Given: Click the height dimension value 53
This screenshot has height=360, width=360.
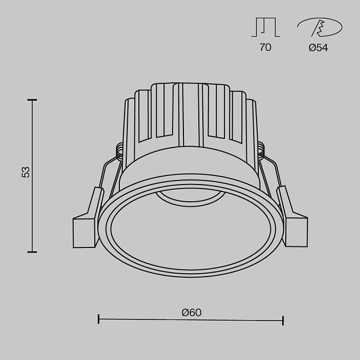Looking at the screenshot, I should click(25, 172).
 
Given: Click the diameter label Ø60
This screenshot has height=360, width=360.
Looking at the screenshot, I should click(191, 313).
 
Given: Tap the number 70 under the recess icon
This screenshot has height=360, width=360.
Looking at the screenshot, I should click(265, 48).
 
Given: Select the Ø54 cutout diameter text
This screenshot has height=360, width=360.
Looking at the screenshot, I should click(318, 48).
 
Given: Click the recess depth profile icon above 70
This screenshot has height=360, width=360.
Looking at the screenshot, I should click(265, 27).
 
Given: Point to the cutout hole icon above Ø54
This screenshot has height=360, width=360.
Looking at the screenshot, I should click(319, 27).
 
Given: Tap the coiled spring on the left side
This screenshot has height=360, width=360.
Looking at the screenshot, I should click(121, 150).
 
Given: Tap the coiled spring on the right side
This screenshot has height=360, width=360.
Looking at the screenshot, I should click(261, 150).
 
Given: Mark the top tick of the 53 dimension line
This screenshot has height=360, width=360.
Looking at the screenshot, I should click(33, 100).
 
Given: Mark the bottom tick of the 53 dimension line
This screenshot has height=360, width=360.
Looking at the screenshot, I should click(33, 251).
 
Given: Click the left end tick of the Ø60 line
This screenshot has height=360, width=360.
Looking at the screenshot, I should click(99, 319).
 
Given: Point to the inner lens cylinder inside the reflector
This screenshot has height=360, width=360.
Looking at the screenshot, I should click(190, 198).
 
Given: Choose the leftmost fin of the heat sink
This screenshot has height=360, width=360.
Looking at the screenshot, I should click(130, 123).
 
